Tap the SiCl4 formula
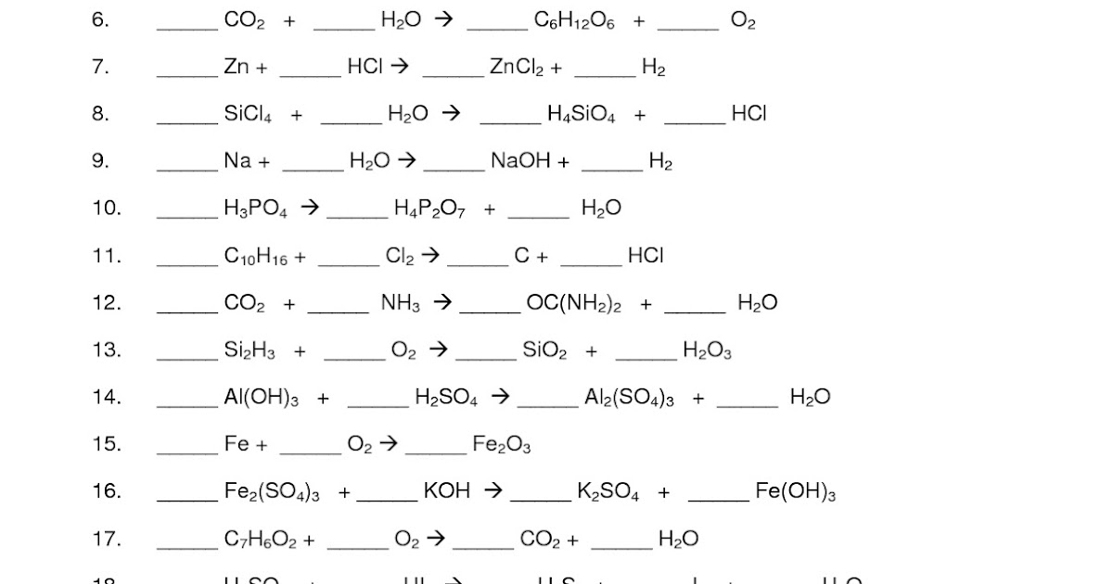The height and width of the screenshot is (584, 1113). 248,115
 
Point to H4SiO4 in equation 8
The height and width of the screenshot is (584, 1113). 582,115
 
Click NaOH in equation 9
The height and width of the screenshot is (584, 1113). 520,161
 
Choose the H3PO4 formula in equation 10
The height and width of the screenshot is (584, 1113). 256,209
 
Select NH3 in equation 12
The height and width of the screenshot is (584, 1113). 401,303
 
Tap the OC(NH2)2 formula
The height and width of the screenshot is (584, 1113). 573,303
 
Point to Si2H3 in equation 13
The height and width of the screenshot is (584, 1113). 249,350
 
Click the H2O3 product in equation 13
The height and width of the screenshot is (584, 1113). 708,350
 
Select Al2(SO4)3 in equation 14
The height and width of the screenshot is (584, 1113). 629,398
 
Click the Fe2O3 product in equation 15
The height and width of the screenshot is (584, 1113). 502,445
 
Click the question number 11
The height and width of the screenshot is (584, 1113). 107,256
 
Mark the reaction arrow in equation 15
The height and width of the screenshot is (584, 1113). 389,444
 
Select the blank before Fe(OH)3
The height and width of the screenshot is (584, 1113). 718,499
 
